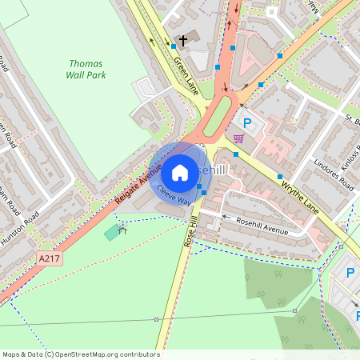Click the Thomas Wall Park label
coord(87,69)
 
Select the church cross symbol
coord(183,39)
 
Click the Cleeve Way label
coord(174,193)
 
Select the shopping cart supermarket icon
coord(238,138)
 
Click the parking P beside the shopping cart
coord(247,123)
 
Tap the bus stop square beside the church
coord(174,46)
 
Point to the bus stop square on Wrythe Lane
coord(280,176)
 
